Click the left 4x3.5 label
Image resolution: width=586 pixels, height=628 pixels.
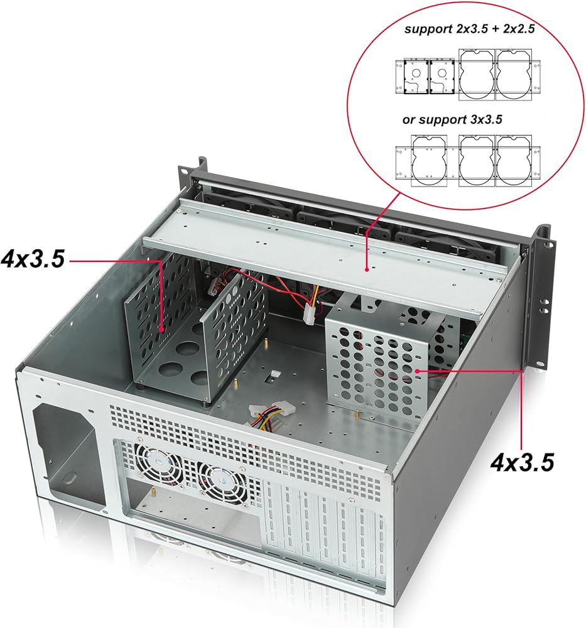tap(33, 259)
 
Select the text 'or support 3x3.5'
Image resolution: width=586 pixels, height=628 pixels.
tap(452, 119)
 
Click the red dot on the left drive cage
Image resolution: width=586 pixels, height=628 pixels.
tap(163, 328)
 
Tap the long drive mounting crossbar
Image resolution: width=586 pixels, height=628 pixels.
tap(327, 257)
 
